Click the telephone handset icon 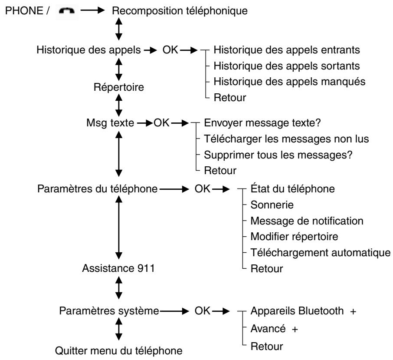pyautogui.click(x=67, y=11)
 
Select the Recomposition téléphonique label pyautogui.click(x=180, y=11)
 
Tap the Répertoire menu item pyautogui.click(x=119, y=87)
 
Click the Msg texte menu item pyautogui.click(x=110, y=123)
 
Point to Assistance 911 pyautogui.click(x=118, y=268)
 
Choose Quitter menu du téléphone pyautogui.click(x=118, y=350)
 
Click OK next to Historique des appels pyautogui.click(x=170, y=50)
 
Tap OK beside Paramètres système pyautogui.click(x=203, y=311)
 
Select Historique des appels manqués pyautogui.click(x=289, y=82)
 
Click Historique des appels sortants pyautogui.click(x=287, y=66)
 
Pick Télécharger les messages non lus pyautogui.click(x=286, y=139)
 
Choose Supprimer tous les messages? pyautogui.click(x=278, y=155)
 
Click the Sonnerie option pyautogui.click(x=272, y=205)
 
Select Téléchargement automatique pyautogui.click(x=321, y=253)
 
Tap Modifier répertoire pyautogui.click(x=294, y=237)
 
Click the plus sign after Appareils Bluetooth pyautogui.click(x=353, y=312)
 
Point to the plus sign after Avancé pyautogui.click(x=295, y=329)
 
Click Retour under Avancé pyautogui.click(x=267, y=347)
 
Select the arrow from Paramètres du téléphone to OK pyautogui.click(x=174, y=189)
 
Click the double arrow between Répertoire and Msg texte pyautogui.click(x=119, y=105)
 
